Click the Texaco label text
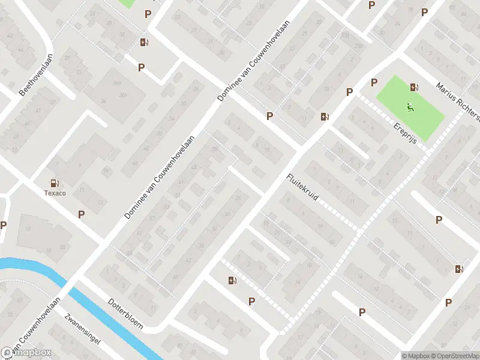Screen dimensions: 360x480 pyautogui.click(x=55, y=193)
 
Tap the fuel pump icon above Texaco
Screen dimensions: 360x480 pyautogui.click(x=55, y=183)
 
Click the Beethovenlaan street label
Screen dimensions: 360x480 pyautogui.click(x=37, y=74)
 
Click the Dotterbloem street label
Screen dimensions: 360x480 pyautogui.click(x=125, y=313)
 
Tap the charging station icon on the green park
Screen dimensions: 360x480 pyautogui.click(x=414, y=87)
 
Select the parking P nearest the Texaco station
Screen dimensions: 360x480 pyautogui.click(x=82, y=214)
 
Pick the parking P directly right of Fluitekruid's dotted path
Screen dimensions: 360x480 pyautogui.click(x=439, y=220)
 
